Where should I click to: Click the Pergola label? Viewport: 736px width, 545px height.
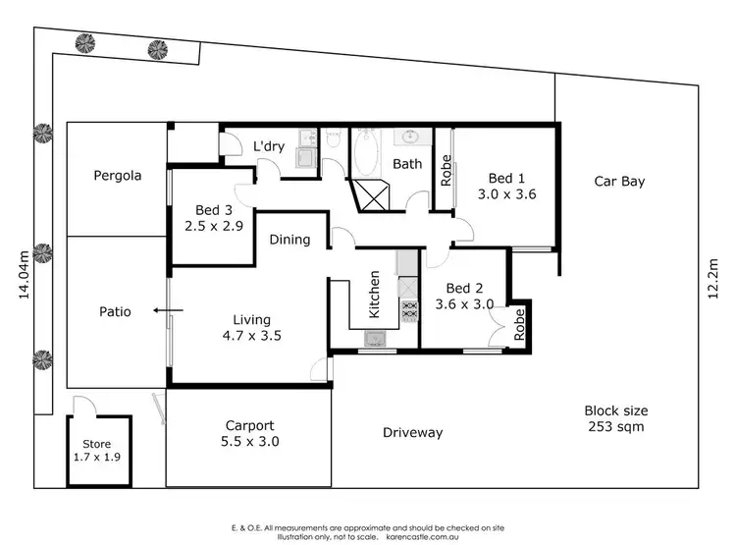(118, 177)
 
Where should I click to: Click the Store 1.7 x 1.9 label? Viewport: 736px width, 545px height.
(95, 450)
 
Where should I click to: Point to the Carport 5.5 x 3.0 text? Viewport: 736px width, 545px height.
(248, 434)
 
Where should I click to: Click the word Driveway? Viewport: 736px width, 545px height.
(412, 432)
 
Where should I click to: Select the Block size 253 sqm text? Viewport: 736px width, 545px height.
(615, 418)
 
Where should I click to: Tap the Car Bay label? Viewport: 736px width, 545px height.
(619, 181)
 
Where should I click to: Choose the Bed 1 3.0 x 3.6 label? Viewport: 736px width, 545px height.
(507, 187)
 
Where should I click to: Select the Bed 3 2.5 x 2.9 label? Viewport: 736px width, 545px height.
(213, 218)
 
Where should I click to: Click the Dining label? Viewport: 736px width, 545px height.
(289, 240)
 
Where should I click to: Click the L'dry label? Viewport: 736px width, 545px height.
(269, 147)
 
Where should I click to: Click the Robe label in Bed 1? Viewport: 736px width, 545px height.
(446, 172)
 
